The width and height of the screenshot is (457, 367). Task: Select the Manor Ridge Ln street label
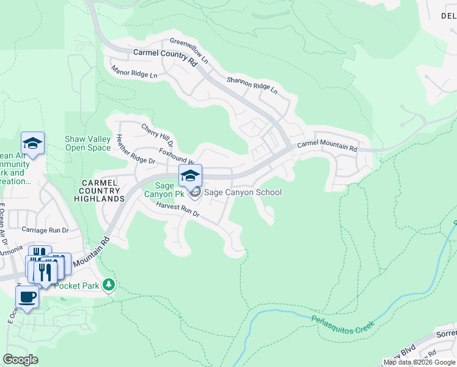pyautogui.click(x=134, y=72)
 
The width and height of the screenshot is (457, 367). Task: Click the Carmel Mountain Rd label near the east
pyautogui.click(x=327, y=147)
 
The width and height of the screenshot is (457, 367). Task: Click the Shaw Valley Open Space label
pyautogui.click(x=88, y=143)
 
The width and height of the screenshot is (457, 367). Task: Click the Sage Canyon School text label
pyautogui.click(x=243, y=192)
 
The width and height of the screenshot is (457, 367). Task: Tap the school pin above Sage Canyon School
pyautogui.click(x=191, y=176)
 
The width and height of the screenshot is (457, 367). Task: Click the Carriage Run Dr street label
pyautogui.click(x=45, y=230)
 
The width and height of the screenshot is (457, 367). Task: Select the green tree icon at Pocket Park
pyautogui.click(x=109, y=284)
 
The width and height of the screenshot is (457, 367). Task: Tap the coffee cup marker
pyautogui.click(x=27, y=298)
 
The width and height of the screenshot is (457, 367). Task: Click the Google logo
pyautogui.click(x=21, y=360)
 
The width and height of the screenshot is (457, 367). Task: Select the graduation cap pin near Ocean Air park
pyautogui.click(x=32, y=144)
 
